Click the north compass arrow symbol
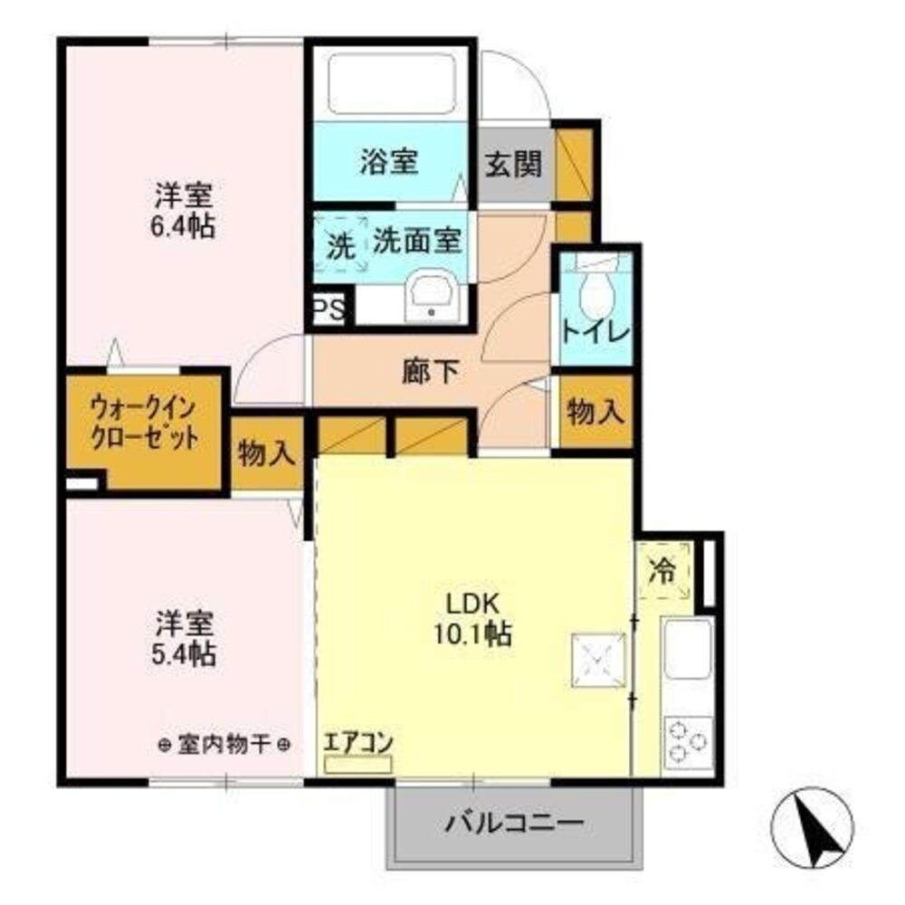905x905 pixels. pos(814,823)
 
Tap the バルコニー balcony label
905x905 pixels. pos(513,824)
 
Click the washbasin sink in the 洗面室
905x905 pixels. pos(430,294)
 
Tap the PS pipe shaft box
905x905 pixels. pos(329,310)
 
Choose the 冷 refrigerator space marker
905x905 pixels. pos(665,572)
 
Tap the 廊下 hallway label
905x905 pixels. pos(432,371)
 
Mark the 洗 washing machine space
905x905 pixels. pos(340,244)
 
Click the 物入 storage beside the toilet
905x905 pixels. pos(595,412)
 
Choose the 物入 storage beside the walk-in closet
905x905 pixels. pos(266,453)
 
